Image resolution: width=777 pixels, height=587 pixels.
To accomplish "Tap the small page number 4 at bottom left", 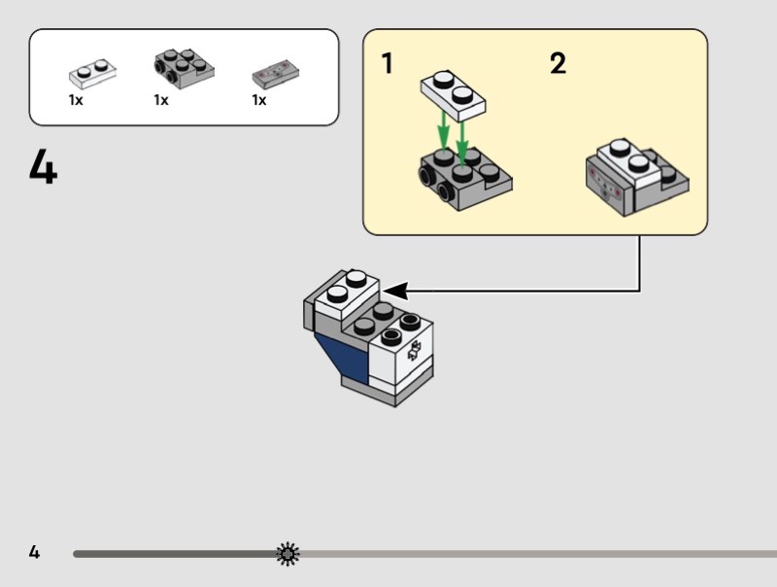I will coord(34,553).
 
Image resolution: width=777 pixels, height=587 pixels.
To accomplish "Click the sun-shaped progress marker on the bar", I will coord(287,554).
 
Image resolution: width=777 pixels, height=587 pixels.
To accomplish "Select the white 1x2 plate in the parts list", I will coord(93,73).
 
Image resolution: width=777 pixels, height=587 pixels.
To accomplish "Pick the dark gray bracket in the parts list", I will coord(184,67).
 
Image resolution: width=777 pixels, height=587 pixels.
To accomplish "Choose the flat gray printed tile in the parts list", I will coord(275,74).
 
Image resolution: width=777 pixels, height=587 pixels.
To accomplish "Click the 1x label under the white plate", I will coord(76,100).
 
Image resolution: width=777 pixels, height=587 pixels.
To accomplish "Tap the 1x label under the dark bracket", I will coord(161,100).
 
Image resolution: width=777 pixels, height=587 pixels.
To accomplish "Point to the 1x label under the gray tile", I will coord(259,100).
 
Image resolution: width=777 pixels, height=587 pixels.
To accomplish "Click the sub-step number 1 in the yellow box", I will coord(388,64).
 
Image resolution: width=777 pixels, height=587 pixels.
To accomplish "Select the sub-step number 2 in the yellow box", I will coord(557,64).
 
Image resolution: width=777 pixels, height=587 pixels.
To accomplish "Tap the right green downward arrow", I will coord(462,135).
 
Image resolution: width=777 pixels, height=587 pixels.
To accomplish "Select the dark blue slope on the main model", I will coord(345,358).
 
